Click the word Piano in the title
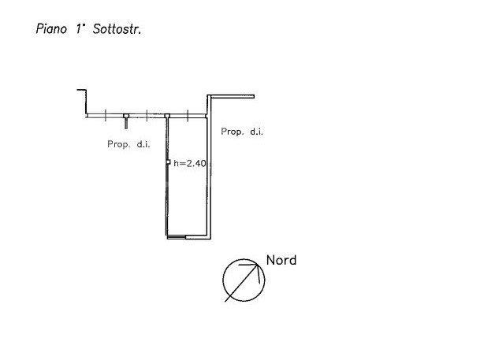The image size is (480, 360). click(51, 29)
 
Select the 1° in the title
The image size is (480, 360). click(80, 29)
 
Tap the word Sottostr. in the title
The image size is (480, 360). click(117, 29)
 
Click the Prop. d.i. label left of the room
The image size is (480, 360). click(128, 144)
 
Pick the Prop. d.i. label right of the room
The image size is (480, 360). click(242, 132)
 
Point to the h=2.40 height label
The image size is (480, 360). click(190, 163)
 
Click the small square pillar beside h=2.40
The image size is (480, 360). click(168, 162)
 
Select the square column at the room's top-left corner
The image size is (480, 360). click(167, 116)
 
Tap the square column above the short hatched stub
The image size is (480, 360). click(126, 116)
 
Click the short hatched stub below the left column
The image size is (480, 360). click(126, 124)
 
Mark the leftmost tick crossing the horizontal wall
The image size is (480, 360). click(106, 115)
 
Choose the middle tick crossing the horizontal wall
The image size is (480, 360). click(147, 115)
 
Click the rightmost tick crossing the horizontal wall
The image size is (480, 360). click(188, 116)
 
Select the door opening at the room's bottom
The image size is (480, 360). click(177, 237)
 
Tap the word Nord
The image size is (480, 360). click(281, 260)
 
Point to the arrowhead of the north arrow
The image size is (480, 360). click(258, 264)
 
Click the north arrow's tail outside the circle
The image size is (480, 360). click(227, 299)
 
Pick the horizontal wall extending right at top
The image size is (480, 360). click(231, 97)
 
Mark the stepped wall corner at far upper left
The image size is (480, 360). click(87, 90)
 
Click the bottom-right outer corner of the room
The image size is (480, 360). click(211, 239)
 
